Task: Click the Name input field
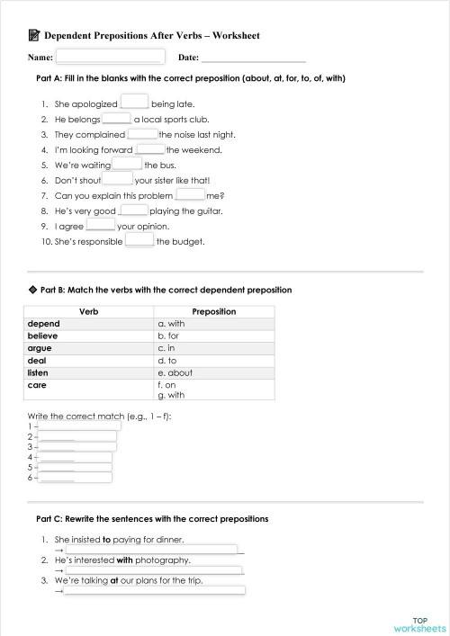click(110, 57)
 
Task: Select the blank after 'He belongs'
click(117, 118)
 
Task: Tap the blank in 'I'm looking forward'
click(150, 148)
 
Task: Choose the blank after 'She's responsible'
click(139, 241)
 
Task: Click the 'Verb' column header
click(89, 311)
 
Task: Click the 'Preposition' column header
click(214, 311)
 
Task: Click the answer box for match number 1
click(76, 425)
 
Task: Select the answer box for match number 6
click(72, 478)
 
